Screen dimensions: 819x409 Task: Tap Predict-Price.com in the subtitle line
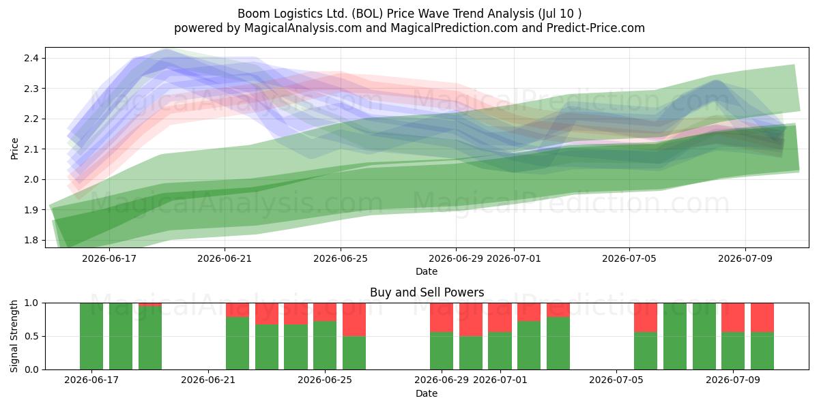pyautogui.click(x=596, y=28)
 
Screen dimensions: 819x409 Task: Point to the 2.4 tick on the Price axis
pyautogui.click(x=31, y=58)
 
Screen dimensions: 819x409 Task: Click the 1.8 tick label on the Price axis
pyautogui.click(x=31, y=240)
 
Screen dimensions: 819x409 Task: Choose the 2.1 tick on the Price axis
pyautogui.click(x=31, y=149)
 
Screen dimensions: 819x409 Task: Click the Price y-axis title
pyautogui.click(x=14, y=149)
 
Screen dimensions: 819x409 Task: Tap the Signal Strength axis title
pyautogui.click(x=14, y=336)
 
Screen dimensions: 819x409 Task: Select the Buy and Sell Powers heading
pyautogui.click(x=427, y=292)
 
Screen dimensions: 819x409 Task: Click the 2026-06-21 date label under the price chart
pyautogui.click(x=225, y=258)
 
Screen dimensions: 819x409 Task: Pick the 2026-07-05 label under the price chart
pyautogui.click(x=629, y=258)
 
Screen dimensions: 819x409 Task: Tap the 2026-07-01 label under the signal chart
pyautogui.click(x=500, y=380)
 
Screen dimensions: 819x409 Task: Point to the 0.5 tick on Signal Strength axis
pyautogui.click(x=31, y=336)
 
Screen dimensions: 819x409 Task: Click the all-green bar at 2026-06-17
pyautogui.click(x=91, y=336)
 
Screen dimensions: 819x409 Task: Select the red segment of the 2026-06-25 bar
pyautogui.click(x=325, y=312)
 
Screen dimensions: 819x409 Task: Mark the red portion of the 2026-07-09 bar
pyautogui.click(x=733, y=318)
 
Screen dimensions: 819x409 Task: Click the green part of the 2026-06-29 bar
pyautogui.click(x=442, y=351)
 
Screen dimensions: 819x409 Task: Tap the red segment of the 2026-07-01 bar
pyautogui.click(x=500, y=318)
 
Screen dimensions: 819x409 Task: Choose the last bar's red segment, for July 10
pyautogui.click(x=762, y=318)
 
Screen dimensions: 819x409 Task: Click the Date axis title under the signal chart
pyautogui.click(x=427, y=393)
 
